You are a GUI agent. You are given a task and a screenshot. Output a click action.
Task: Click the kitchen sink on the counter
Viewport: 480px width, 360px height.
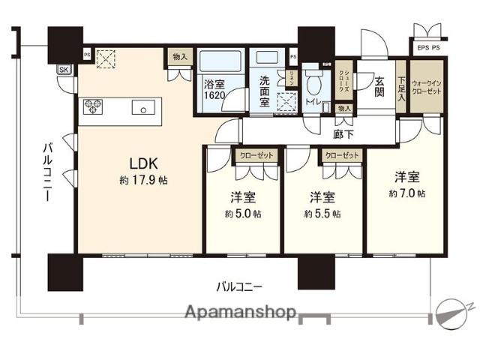point(142,106)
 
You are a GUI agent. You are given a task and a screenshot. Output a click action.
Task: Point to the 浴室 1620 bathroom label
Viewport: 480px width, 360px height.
point(214,90)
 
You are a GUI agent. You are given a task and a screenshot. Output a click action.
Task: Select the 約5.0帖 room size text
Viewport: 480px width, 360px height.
point(243,214)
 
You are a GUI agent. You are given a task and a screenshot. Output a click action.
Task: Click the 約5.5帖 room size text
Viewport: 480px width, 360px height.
point(322,214)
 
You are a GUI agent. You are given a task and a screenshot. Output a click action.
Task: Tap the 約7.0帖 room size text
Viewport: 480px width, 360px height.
point(407,193)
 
